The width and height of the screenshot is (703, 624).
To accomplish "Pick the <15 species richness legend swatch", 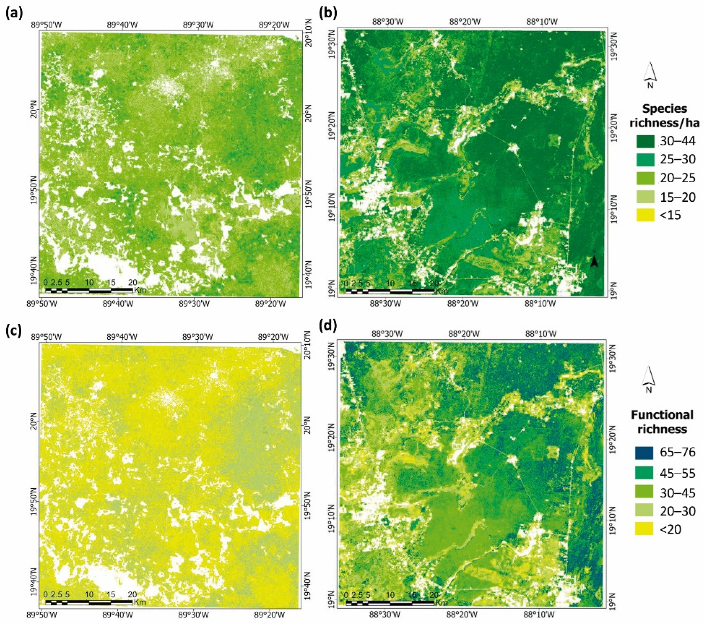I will click(645, 216).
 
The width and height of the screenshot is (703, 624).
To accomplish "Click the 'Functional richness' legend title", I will click(662, 422).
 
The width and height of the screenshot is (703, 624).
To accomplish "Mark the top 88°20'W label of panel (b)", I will click(465, 21).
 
